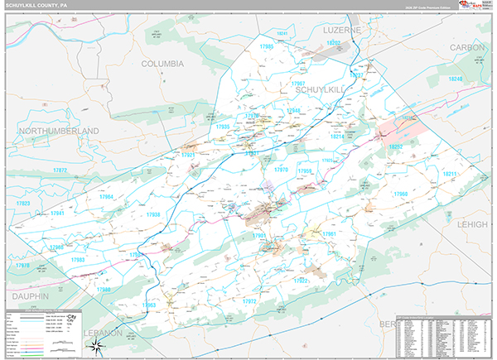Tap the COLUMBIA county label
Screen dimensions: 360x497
click(x=162, y=64)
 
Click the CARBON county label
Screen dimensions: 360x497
click(x=467, y=48)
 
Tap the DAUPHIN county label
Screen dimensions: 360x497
click(x=31, y=295)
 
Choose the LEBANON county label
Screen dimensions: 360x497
click(x=103, y=333)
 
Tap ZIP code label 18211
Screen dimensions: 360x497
click(x=450, y=175)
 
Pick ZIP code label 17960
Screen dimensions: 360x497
click(x=401, y=194)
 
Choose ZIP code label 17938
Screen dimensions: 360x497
click(x=153, y=214)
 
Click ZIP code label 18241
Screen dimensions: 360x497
click(x=284, y=34)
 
